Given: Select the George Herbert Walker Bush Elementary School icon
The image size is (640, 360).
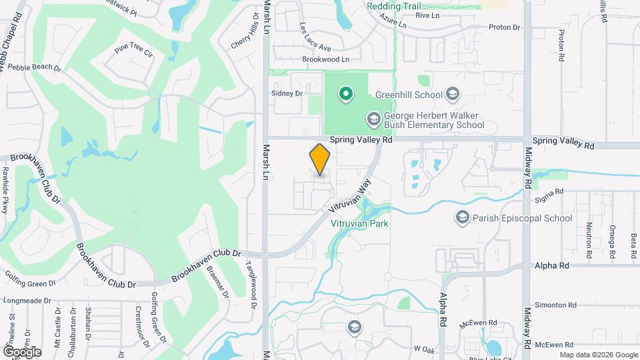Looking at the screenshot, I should [373, 119].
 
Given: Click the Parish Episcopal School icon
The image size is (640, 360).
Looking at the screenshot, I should [461, 217].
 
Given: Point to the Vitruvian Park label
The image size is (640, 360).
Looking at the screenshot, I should [359, 224].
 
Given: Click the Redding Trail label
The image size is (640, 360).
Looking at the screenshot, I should [393, 5].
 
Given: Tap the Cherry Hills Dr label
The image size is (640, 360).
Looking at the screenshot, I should [244, 31].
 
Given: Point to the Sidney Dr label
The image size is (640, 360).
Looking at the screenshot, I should [287, 94].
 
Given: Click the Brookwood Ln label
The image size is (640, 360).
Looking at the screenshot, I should [325, 59].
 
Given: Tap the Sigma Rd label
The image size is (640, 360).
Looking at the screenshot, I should [549, 191].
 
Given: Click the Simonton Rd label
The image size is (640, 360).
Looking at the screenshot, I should [555, 304].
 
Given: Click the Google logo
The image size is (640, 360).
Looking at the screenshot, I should [22, 351].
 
